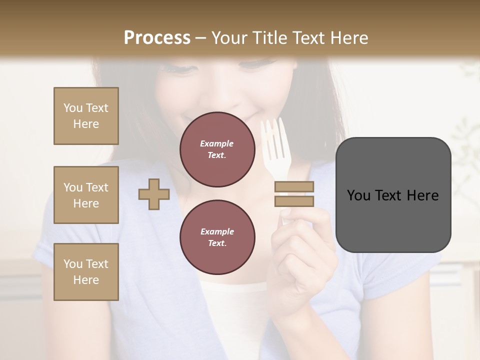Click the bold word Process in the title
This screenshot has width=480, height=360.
click(157, 37)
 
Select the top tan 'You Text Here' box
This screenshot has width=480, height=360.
click(86, 116)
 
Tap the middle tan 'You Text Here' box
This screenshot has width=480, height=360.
click(86, 195)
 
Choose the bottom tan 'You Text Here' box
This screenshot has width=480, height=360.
click(86, 271)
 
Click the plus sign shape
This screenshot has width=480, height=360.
click(154, 194)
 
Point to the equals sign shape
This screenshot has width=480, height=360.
click(294, 194)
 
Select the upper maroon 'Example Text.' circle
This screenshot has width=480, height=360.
click(217, 149)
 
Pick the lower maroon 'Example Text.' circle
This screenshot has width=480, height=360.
click(217, 237)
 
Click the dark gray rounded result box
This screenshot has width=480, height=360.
click(393, 194)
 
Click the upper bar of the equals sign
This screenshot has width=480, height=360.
click(294, 187)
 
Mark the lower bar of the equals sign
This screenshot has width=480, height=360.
click(294, 201)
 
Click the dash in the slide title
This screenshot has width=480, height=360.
click(201, 38)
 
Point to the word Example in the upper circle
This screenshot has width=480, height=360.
click(217, 143)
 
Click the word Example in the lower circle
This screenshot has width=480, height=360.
click(217, 231)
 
